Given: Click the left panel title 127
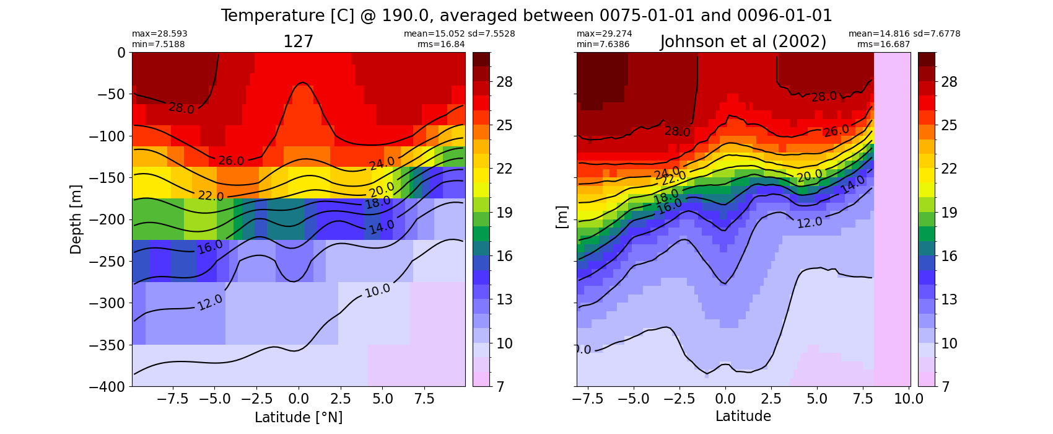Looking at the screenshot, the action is [298, 42].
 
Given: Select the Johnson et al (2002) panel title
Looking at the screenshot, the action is [743, 42].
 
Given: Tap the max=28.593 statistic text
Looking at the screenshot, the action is [159, 34].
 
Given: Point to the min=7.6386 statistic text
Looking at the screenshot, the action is [603, 44].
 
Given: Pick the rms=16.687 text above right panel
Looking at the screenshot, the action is [884, 44].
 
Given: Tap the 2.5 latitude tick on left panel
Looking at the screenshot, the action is [340, 399].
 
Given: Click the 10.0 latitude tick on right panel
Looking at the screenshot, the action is [909, 399].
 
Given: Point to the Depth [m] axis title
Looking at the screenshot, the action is [76, 220].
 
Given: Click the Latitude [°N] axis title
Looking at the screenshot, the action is [299, 417].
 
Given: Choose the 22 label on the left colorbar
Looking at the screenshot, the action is [505, 169].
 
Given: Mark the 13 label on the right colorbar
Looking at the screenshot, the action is [950, 299].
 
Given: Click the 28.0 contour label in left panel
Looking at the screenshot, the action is [181, 108].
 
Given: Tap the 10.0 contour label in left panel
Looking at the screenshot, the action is [377, 290].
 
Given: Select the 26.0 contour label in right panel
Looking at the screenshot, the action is [836, 130].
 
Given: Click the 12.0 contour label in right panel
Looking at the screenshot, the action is [810, 222].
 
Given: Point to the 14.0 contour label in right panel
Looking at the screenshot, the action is [852, 185].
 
